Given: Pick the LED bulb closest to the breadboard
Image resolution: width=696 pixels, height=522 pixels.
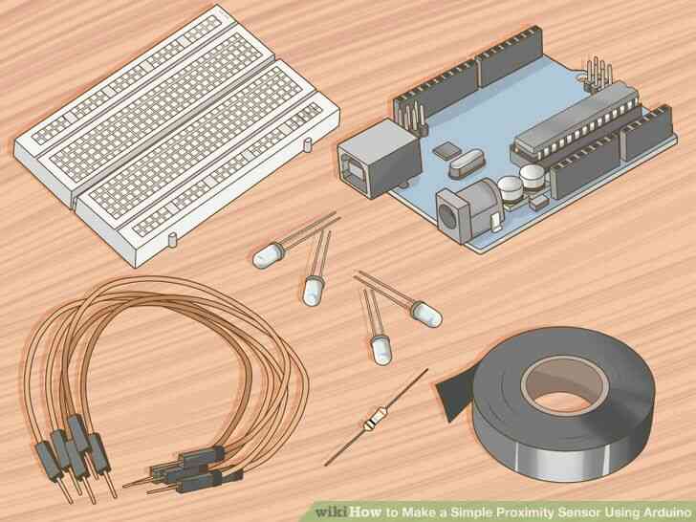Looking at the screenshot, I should tap(268, 253).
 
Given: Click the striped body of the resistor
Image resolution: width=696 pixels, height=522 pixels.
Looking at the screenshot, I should tap(370, 421).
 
